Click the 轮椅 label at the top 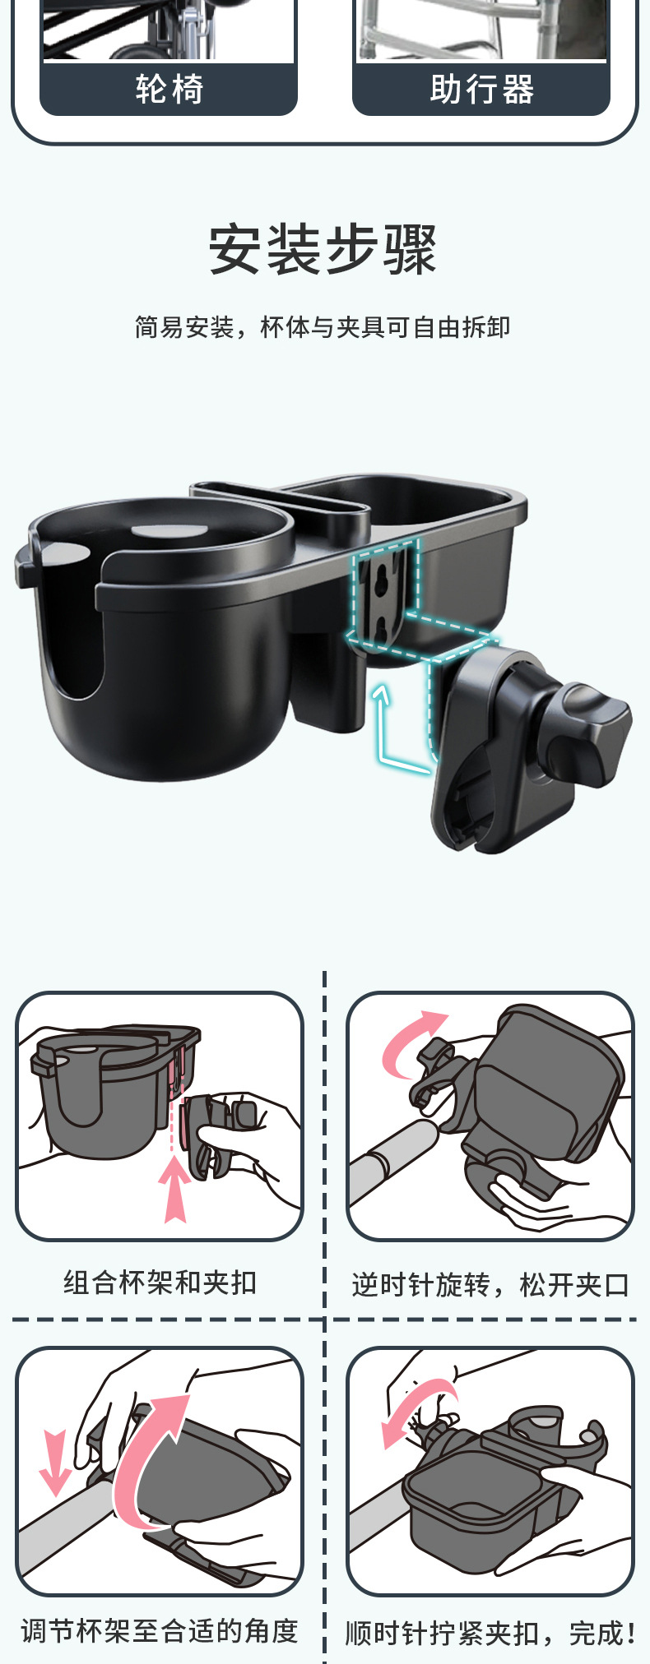pyautogui.click(x=169, y=89)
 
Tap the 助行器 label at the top pyautogui.click(x=481, y=89)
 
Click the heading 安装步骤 pyautogui.click(x=323, y=249)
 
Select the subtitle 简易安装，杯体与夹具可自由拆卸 pyautogui.click(x=323, y=327)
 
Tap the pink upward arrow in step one pyautogui.click(x=174, y=1188)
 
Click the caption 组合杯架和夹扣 pyautogui.click(x=160, y=1283)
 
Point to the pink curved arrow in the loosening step pyautogui.click(x=411, y=1044)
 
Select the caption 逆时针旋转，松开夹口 pyautogui.click(x=490, y=1284)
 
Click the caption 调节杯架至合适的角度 pyautogui.click(x=160, y=1631)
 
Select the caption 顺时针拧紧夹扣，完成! pyautogui.click(x=490, y=1633)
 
